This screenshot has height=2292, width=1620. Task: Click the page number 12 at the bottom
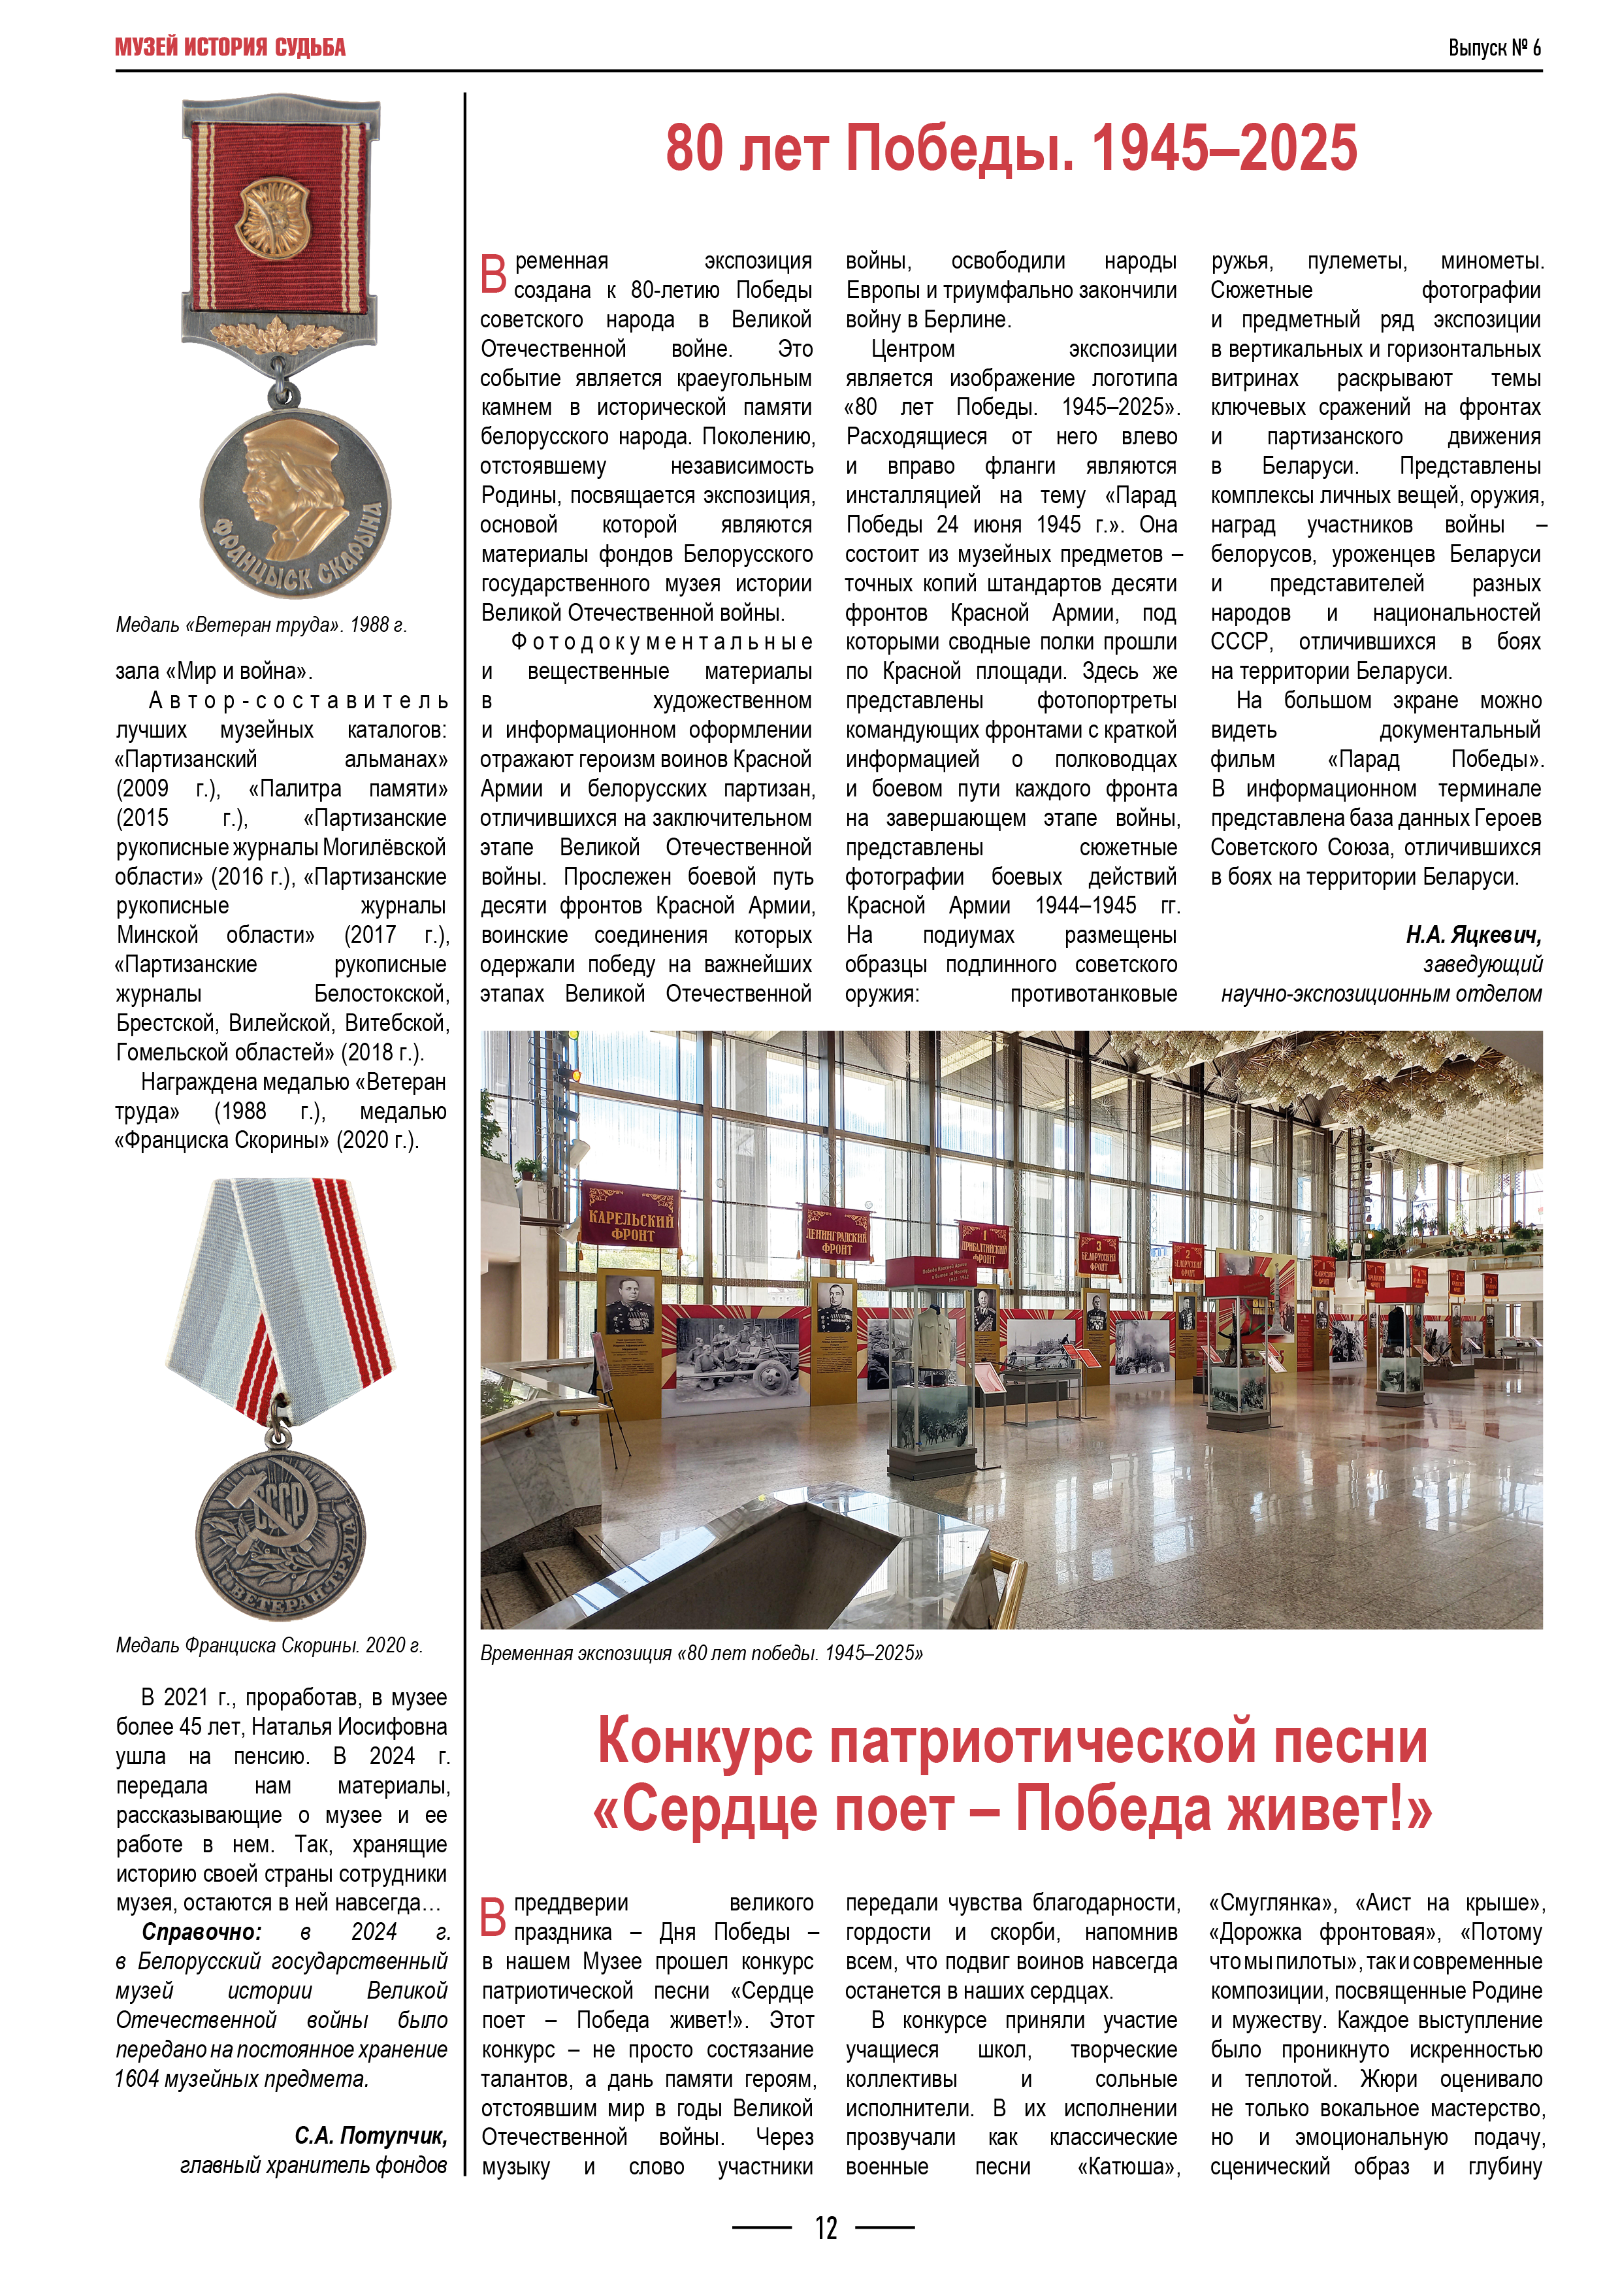coord(826,2228)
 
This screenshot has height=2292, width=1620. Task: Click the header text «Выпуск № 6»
coord(1493,48)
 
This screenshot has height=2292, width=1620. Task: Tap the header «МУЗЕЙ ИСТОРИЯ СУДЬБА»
coord(231,48)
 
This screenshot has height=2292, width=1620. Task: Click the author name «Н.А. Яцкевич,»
coord(1473,936)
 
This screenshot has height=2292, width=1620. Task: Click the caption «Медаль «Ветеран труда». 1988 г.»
coord(261,625)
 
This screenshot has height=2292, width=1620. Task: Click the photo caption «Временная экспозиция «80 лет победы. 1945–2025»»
coord(701,1653)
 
